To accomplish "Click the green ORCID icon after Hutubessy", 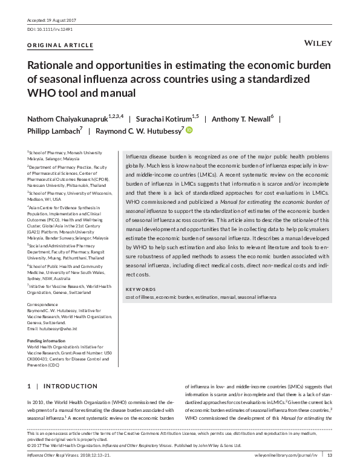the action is tap(188, 129).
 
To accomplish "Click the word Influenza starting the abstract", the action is tap(136, 156).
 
